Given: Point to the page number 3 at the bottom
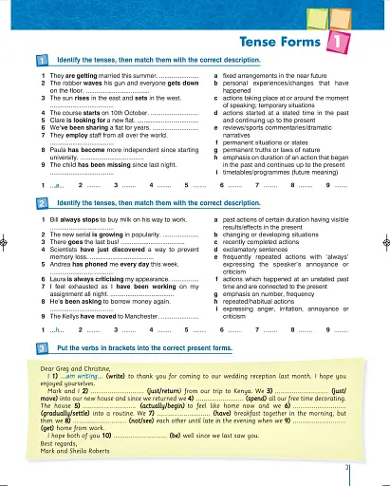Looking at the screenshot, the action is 347,468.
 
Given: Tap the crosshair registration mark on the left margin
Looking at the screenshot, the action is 7,241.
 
